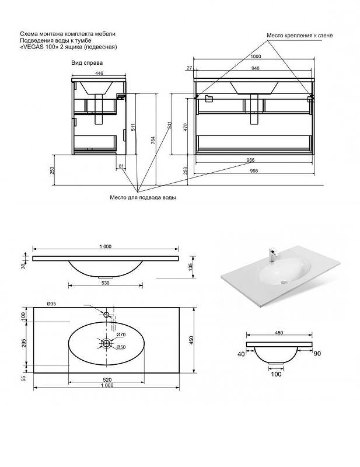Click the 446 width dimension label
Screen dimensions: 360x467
99,74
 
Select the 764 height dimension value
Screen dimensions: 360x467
153,140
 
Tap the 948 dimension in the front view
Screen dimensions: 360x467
255,68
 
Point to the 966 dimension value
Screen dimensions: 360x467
250,160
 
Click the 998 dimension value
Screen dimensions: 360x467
254,171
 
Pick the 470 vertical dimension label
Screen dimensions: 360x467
185,127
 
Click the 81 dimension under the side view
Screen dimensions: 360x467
121,166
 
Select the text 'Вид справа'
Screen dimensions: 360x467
87,63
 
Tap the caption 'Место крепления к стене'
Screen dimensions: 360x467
299,36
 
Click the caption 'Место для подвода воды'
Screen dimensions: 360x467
143,197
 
